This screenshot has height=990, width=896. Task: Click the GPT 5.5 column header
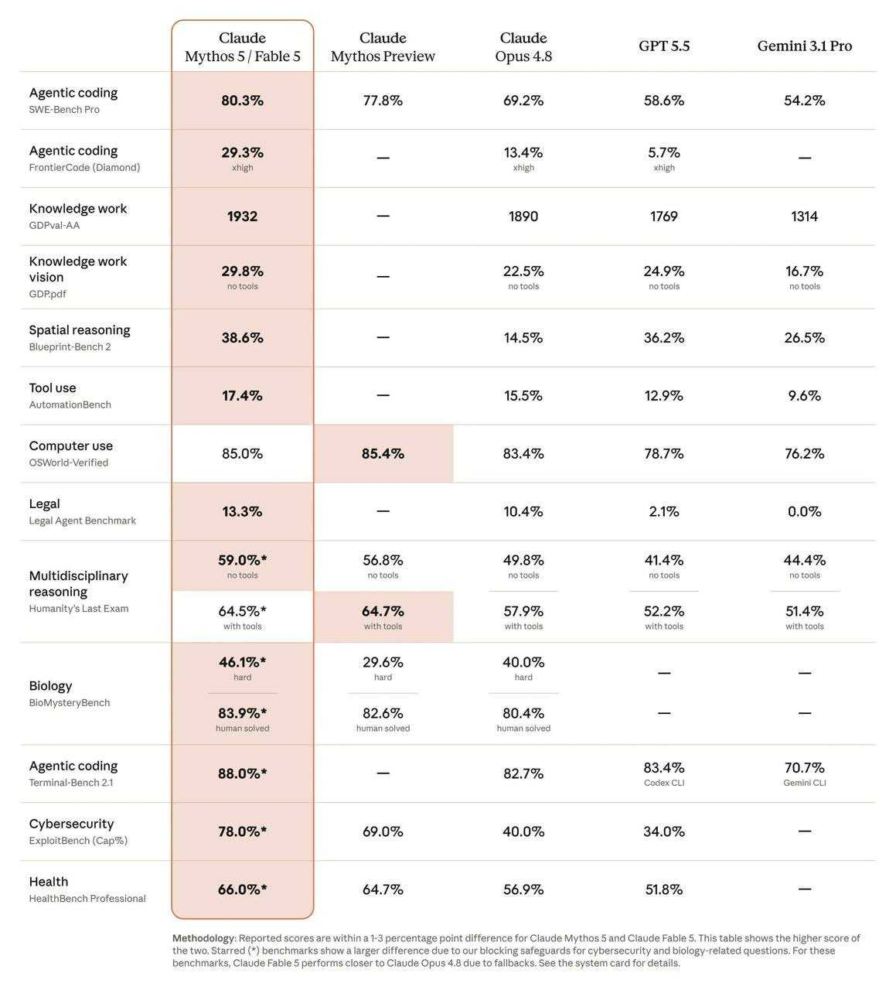663,46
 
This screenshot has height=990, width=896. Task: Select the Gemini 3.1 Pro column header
804,46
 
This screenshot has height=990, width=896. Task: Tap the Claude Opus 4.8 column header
523,47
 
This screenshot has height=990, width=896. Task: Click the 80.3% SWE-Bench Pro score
242,101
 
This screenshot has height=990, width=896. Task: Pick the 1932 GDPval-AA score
242,216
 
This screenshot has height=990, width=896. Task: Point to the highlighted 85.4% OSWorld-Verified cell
383,453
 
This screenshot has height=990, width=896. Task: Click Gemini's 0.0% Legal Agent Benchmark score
804,511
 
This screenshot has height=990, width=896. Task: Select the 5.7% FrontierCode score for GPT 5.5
663,152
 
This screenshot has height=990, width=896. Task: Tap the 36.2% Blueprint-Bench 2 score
663,337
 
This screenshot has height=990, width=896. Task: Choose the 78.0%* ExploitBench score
242,831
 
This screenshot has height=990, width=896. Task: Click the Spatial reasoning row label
80,329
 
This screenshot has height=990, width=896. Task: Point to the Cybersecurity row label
72,824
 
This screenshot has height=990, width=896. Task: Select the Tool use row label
53,388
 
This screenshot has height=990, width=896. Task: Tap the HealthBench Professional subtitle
87,898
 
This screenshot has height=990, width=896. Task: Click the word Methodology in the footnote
203,938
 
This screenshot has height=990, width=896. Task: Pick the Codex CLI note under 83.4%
663,783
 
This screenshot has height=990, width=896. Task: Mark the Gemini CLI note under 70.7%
804,783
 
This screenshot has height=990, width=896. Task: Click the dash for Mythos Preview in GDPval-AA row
383,216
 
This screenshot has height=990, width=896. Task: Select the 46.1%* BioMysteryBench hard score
242,662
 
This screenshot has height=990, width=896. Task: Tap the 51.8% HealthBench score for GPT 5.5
663,889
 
